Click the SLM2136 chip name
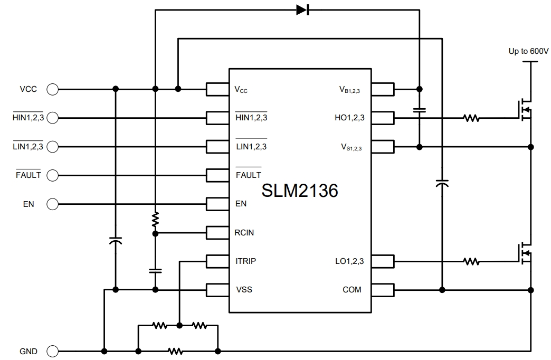(x=299, y=191)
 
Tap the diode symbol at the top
(x=302, y=10)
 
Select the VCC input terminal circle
(x=53, y=89)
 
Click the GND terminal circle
(x=53, y=351)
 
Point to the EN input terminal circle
(x=53, y=204)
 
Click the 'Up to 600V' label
(x=528, y=51)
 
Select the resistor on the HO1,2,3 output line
(x=471, y=118)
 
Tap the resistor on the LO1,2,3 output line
(x=471, y=261)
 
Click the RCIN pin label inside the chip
(x=244, y=232)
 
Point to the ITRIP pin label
(x=246, y=261)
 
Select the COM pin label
(x=352, y=289)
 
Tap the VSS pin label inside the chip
(x=244, y=289)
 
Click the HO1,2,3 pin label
(x=349, y=118)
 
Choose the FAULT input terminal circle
(x=53, y=175)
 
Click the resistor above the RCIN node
(x=155, y=219)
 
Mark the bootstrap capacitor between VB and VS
(x=420, y=111)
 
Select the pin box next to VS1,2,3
(x=383, y=146)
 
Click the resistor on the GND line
(x=175, y=350)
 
